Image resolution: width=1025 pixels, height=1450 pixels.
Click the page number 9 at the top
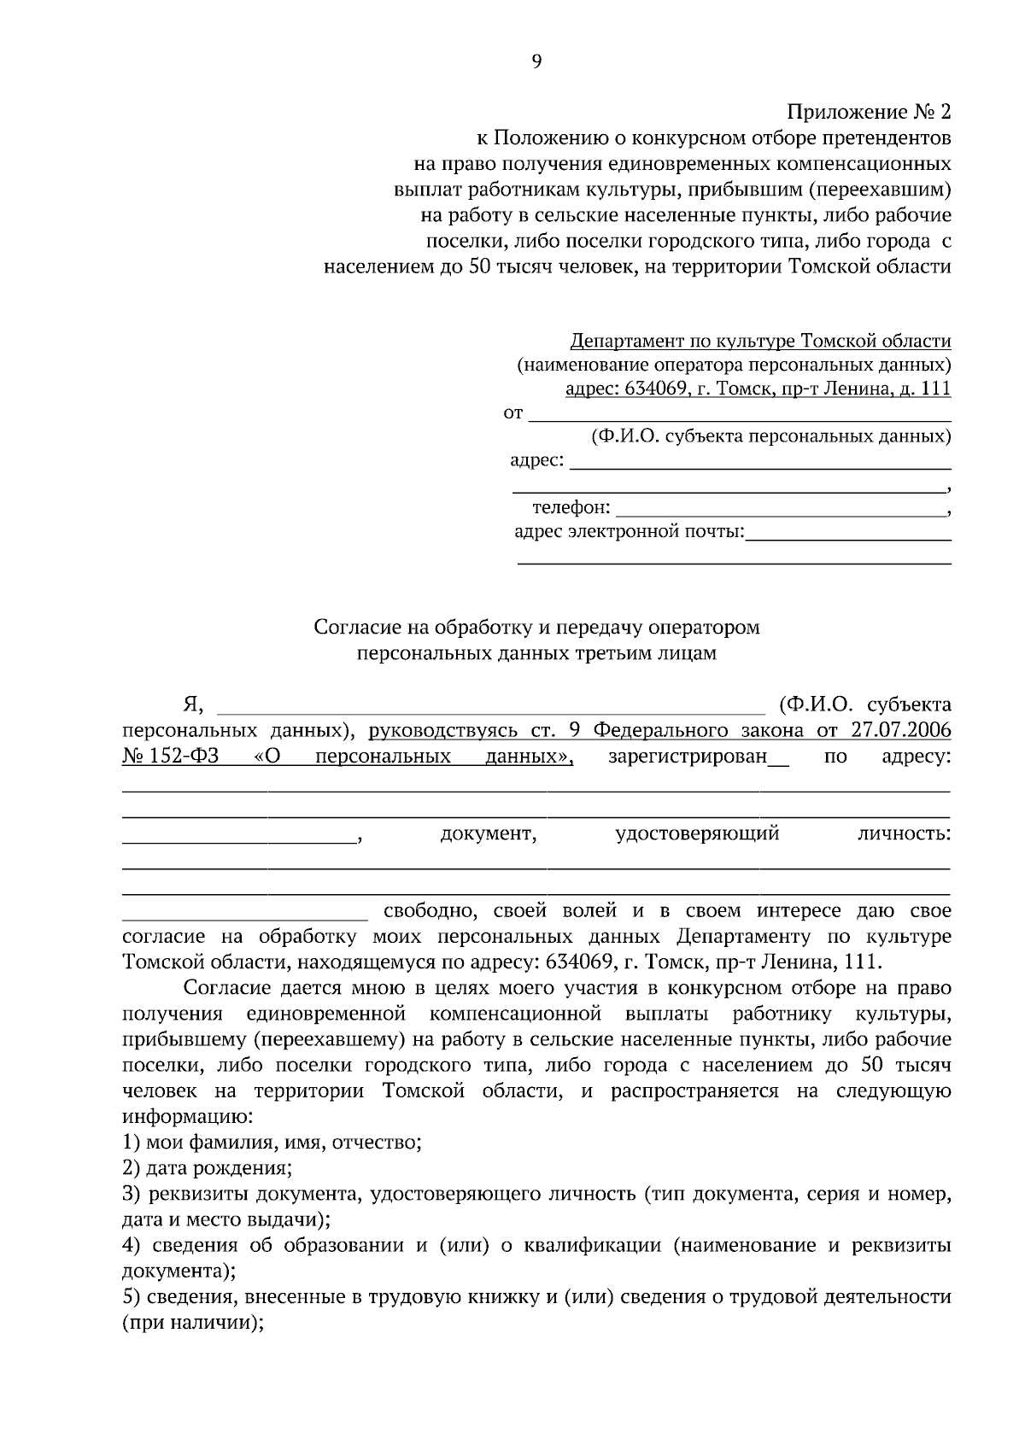tap(536, 61)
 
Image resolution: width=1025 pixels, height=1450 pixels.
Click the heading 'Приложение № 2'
tap(868, 112)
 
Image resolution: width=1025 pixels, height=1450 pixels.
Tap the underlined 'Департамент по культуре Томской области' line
tap(760, 342)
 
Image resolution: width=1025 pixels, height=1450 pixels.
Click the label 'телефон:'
tap(571, 509)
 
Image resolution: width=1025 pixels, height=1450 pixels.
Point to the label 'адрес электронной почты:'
tap(630, 533)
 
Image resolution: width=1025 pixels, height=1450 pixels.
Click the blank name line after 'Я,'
tap(491, 706)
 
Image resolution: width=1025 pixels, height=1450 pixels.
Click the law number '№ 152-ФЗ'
tap(171, 757)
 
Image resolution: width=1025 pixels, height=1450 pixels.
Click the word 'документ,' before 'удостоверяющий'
tap(488, 833)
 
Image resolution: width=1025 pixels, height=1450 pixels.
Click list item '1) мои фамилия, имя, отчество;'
tap(272, 1143)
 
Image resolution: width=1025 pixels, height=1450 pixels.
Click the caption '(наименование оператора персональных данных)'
tap(734, 365)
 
